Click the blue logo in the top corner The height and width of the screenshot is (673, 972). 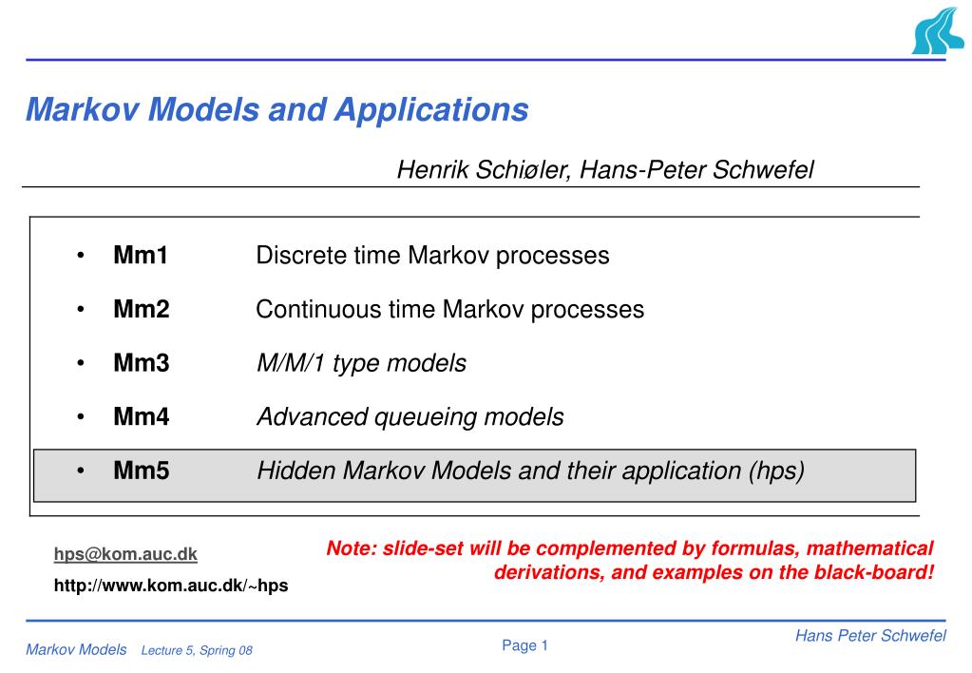(x=938, y=31)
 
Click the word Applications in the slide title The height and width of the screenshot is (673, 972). (x=431, y=109)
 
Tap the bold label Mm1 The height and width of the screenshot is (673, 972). (x=141, y=255)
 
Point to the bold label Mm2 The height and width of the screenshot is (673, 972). (x=142, y=309)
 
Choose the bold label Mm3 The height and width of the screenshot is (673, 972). (x=142, y=363)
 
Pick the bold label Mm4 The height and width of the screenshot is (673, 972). (x=142, y=417)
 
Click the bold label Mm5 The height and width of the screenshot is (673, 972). (x=142, y=471)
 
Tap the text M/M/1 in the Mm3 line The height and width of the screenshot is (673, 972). (x=291, y=363)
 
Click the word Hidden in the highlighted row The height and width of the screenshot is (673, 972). (x=296, y=471)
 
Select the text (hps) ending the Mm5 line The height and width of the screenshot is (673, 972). (x=776, y=471)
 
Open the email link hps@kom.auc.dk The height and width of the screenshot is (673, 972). (x=125, y=554)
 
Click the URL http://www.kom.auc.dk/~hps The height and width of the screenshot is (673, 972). (x=171, y=586)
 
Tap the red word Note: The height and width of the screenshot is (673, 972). (x=352, y=548)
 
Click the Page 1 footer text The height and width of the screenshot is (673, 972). (x=525, y=645)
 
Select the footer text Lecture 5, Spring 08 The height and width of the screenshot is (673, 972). (x=197, y=651)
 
